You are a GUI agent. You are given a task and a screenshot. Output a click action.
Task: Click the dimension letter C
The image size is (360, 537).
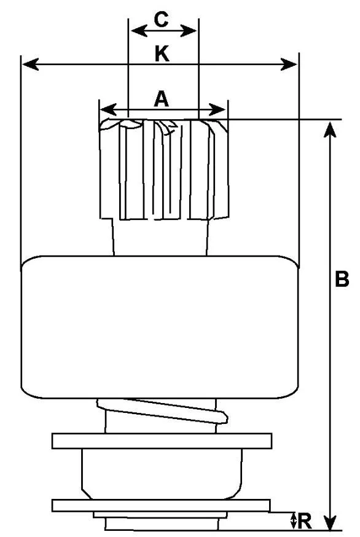[x=161, y=19]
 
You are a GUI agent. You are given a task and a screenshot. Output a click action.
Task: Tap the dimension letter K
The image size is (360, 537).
[x=162, y=54]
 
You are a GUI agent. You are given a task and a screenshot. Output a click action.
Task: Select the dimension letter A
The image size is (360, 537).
[x=162, y=100]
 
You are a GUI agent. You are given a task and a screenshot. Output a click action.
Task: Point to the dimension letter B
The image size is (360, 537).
[x=342, y=279]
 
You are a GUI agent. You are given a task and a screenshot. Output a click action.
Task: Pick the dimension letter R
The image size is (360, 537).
[x=305, y=521]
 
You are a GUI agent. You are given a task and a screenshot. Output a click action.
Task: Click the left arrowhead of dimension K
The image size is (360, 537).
[x=30, y=64]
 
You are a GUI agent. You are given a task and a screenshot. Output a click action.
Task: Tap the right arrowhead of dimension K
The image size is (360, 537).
[x=289, y=64]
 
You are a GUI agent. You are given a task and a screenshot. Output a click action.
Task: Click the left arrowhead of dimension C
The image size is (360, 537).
[x=139, y=31]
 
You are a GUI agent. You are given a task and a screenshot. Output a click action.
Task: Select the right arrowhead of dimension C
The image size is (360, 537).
[x=188, y=31]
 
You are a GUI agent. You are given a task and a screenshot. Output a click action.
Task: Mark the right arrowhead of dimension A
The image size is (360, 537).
[x=217, y=109]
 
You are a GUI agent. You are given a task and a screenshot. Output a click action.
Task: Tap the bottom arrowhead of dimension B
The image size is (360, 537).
[x=329, y=521]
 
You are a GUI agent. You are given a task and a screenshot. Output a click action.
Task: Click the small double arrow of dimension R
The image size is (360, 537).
[x=293, y=521]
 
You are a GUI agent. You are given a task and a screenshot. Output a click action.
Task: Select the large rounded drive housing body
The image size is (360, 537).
[x=159, y=327]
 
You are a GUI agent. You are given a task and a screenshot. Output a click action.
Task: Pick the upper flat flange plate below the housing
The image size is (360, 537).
[x=162, y=441]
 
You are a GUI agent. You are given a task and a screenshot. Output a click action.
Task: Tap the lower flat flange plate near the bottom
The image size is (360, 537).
[x=161, y=506]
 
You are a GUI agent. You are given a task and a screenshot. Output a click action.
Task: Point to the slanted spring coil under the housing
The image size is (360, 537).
[x=162, y=410]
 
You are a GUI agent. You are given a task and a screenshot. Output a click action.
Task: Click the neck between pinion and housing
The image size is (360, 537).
[x=160, y=237]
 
